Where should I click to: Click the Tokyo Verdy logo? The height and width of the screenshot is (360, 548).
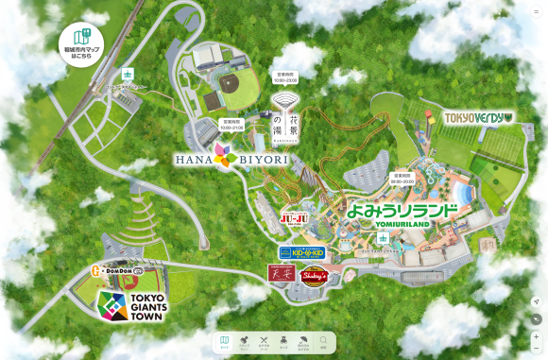pyautogui.click(x=479, y=118)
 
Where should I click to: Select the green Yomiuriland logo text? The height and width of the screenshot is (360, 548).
pyautogui.click(x=402, y=213)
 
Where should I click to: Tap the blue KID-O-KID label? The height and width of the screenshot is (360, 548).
pyautogui.click(x=302, y=252)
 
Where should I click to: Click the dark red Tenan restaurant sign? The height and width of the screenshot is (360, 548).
pyautogui.click(x=281, y=274)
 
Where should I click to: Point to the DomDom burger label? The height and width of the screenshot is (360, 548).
pyautogui.click(x=117, y=271)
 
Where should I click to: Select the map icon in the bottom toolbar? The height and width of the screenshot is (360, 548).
pyautogui.click(x=225, y=341)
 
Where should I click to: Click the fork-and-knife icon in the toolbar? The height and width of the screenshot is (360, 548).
pyautogui.click(x=265, y=341)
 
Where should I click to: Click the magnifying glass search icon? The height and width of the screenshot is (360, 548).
pyautogui.click(x=324, y=341)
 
